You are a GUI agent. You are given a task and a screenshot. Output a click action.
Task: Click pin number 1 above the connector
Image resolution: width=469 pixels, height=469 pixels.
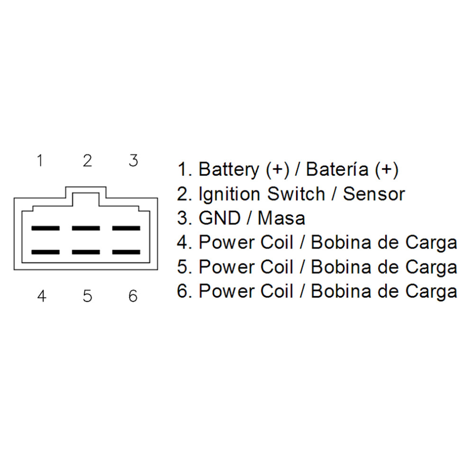pos(40,161)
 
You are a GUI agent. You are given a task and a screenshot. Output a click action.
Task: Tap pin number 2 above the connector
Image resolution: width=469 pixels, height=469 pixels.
pos(87,161)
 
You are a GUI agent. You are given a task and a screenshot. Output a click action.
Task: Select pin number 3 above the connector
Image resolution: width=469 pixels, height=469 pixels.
pos(134,161)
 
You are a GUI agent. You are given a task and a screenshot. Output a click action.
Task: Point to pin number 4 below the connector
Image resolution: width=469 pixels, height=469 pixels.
pos(42,296)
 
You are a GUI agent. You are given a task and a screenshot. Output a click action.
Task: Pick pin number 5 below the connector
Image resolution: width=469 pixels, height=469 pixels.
pos(87,296)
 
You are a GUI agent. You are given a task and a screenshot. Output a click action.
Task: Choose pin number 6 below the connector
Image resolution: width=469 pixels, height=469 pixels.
pos(133,296)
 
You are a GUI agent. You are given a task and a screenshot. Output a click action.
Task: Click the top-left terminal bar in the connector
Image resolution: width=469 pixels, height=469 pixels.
pos(45,228)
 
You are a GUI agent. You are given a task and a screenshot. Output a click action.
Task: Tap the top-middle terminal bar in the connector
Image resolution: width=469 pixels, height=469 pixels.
pos(86,228)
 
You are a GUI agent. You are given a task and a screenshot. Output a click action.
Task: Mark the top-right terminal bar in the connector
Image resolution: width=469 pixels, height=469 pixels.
pos(126,228)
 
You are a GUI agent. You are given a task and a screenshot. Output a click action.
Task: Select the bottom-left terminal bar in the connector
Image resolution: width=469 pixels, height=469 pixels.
pos(45,252)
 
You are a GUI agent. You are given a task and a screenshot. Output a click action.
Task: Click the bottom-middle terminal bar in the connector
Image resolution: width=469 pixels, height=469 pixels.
pos(86,252)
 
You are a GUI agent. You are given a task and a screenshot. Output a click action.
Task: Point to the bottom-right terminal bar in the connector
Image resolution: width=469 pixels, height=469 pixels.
pos(126,252)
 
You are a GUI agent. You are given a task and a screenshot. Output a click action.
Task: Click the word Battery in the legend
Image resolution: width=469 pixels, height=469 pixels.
pos(229,170)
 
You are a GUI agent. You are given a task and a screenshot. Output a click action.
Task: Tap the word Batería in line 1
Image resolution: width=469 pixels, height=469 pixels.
pos(337,169)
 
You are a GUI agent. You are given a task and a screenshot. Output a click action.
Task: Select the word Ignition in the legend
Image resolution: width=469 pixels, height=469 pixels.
pos(230,194)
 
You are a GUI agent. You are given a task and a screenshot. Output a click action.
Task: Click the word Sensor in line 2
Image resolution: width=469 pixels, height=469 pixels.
pos(374,194)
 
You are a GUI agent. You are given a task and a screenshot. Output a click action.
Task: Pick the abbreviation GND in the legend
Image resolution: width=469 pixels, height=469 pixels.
pos(220,218)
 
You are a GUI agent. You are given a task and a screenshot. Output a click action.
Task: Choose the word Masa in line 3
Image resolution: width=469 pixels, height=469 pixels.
pos(281,218)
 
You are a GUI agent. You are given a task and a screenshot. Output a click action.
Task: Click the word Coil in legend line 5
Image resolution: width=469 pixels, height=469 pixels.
pos(277,267)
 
